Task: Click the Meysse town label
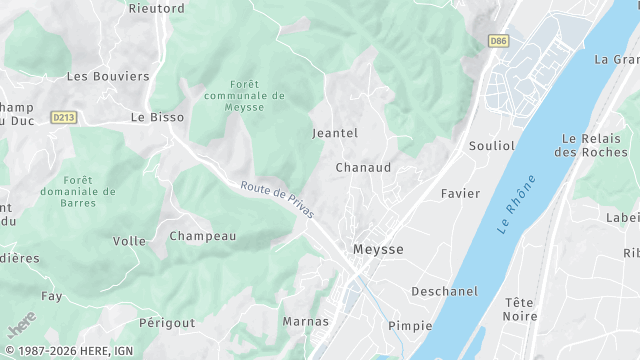coord(378,248)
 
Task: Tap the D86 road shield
coord(497,41)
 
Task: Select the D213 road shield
coord(63,117)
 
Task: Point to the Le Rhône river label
coord(516,205)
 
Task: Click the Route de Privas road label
coord(277,199)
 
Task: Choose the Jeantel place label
coord(335,132)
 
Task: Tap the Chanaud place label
coord(363,167)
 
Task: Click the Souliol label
coord(492,145)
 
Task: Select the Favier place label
coord(461,193)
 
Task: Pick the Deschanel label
coord(444,291)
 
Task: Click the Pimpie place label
coord(410,325)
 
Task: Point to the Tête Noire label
coord(520,309)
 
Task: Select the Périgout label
coord(167,323)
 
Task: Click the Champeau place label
coord(203,236)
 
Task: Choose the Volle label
coord(129,241)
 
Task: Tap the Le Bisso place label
coord(157,116)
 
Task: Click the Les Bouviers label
coord(107,75)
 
